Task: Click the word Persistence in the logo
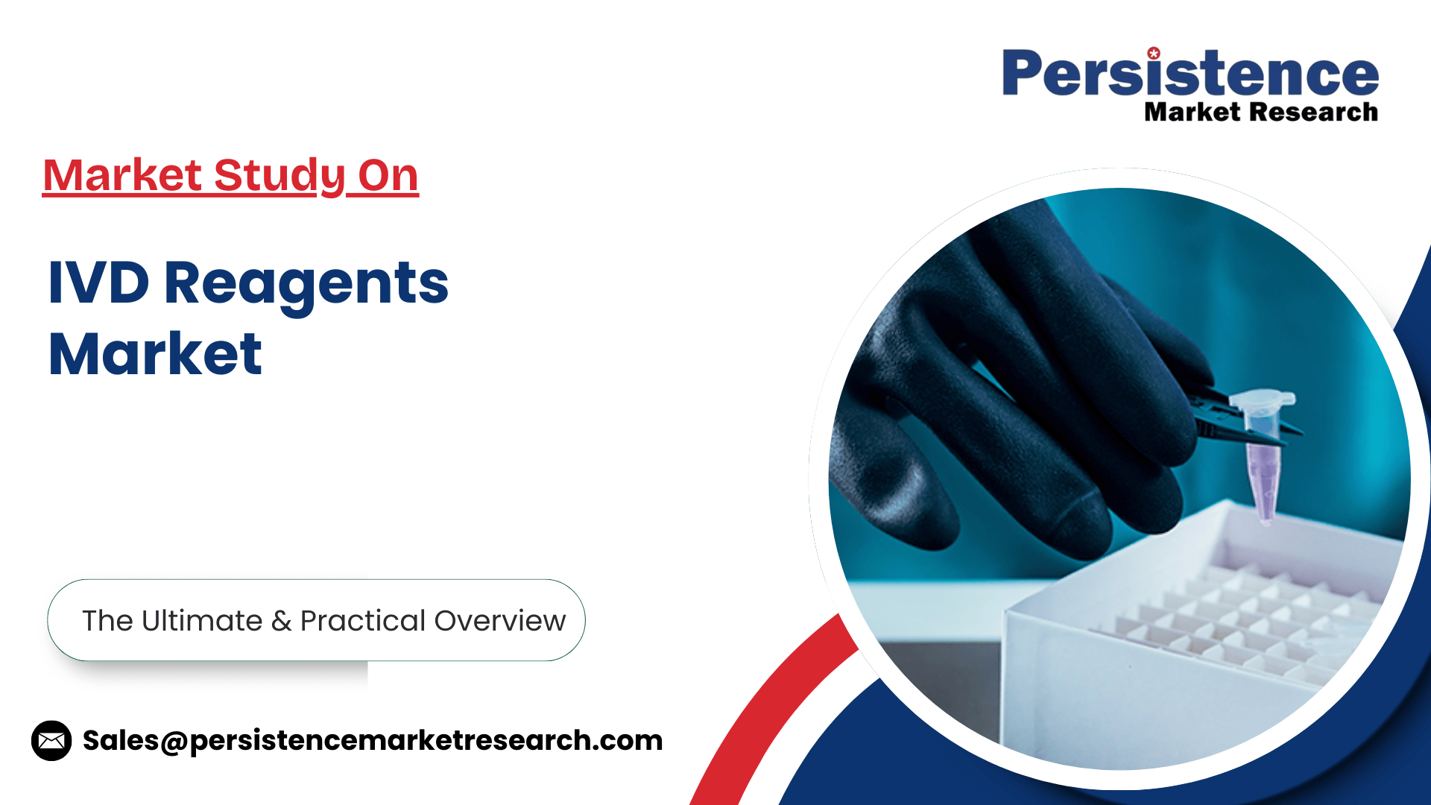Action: [x=1190, y=72]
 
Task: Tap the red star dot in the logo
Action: [x=1154, y=53]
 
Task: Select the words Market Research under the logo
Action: [x=1261, y=112]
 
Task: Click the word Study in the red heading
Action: [x=279, y=176]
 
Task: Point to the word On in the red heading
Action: [x=388, y=176]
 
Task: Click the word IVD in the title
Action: [x=98, y=282]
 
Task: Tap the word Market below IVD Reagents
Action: [x=155, y=353]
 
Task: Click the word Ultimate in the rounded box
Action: [x=202, y=620]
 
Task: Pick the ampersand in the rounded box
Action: [x=281, y=621]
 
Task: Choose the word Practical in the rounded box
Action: [x=363, y=621]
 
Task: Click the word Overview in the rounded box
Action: [x=500, y=621]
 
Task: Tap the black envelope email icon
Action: [x=51, y=741]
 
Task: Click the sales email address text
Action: [x=373, y=741]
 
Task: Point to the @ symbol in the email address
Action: [x=174, y=742]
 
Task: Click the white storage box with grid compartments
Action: [x=1200, y=634]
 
